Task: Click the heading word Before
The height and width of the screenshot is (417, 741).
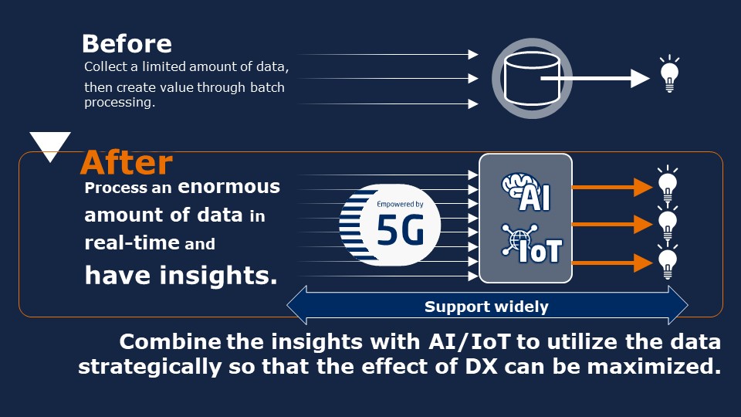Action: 127,43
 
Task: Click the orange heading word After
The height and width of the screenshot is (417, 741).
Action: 127,163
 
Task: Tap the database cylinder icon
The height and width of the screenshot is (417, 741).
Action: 532,79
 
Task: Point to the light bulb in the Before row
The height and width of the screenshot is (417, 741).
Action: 669,74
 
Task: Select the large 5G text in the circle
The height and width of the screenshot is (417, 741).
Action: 401,229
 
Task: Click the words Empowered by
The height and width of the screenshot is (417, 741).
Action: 400,204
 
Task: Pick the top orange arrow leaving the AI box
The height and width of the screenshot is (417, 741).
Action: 612,187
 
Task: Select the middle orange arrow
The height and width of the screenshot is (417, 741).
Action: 612,224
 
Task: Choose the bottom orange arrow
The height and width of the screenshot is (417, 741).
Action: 612,263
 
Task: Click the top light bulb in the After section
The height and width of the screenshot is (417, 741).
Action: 667,184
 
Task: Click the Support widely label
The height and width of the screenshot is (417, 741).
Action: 486,307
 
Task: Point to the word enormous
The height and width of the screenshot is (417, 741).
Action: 228,187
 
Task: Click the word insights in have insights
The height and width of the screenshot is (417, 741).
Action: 218,275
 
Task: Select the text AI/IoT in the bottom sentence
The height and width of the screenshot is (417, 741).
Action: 469,342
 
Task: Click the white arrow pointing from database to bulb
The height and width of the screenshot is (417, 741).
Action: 595,79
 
